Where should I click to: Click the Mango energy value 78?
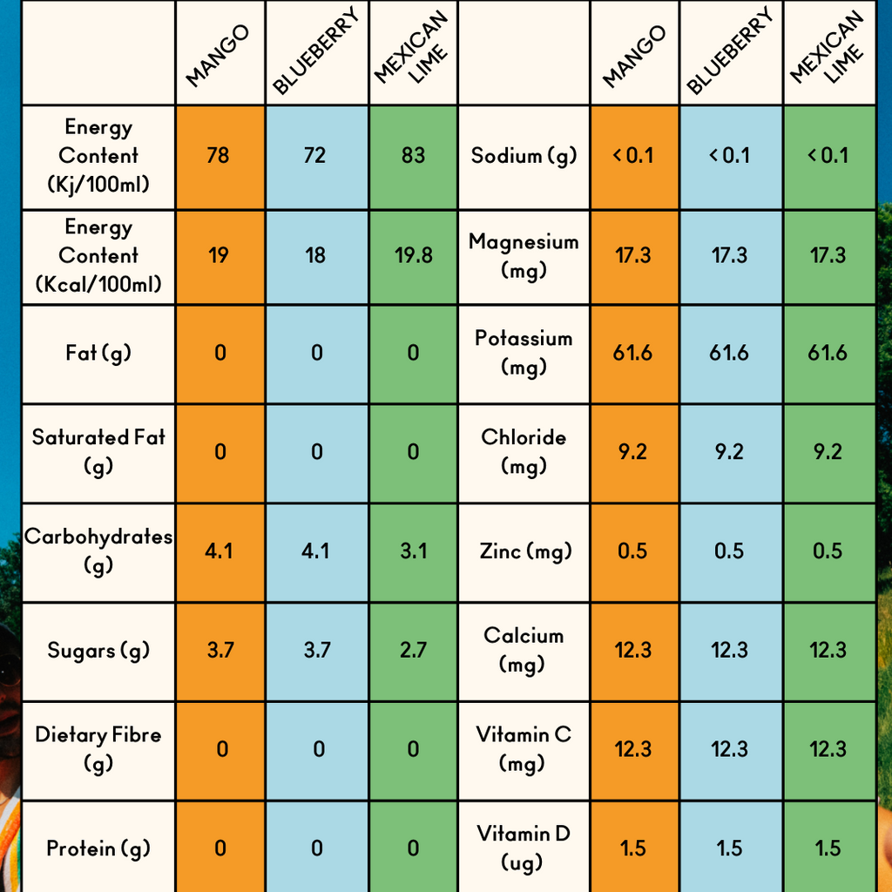tap(218, 156)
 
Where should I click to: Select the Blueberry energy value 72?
tap(315, 156)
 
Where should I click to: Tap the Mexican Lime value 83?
tap(413, 156)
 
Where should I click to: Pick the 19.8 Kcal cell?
tap(413, 256)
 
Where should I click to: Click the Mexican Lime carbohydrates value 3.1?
tap(413, 551)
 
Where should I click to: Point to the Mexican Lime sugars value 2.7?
tap(413, 651)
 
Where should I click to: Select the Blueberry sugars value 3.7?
tap(316, 651)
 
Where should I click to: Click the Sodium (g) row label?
tap(524, 156)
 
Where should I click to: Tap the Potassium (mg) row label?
tap(524, 352)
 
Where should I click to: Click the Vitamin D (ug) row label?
tap(524, 848)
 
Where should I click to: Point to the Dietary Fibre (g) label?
tap(98, 748)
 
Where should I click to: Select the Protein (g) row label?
tap(98, 848)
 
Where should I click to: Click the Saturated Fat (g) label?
tap(98, 450)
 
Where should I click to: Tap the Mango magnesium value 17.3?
tap(633, 256)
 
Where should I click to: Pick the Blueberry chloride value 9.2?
tap(729, 452)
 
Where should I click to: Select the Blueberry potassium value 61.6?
tap(729, 354)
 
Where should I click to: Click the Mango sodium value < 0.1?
tap(633, 156)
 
